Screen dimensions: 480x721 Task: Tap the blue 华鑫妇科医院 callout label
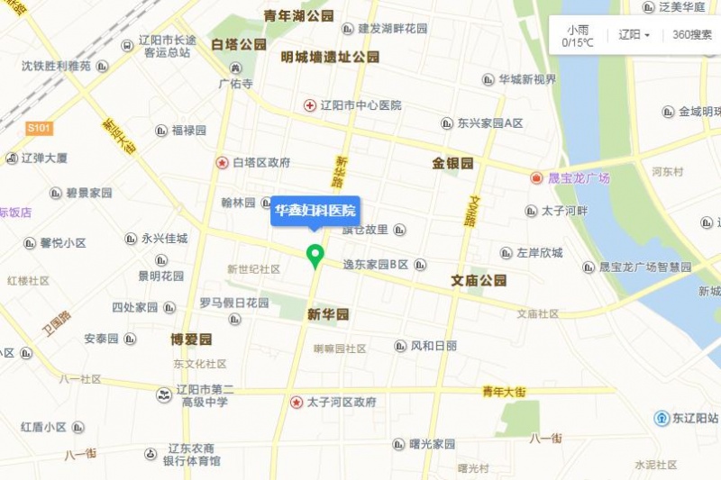315,212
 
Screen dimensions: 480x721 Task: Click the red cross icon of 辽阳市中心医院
310,105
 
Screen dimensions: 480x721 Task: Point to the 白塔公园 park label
239,44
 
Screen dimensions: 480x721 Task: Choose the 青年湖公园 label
298,16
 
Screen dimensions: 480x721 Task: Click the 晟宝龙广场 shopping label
579,178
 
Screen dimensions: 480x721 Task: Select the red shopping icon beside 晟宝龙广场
537,178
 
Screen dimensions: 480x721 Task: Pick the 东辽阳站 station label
695,419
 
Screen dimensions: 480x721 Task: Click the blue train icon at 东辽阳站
662,419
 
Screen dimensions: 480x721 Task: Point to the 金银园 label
452,164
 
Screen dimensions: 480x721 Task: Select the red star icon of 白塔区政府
222,163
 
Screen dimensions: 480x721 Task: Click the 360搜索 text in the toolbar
690,35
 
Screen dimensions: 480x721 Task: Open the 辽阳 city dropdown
634,35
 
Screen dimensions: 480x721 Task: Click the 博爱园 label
191,340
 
